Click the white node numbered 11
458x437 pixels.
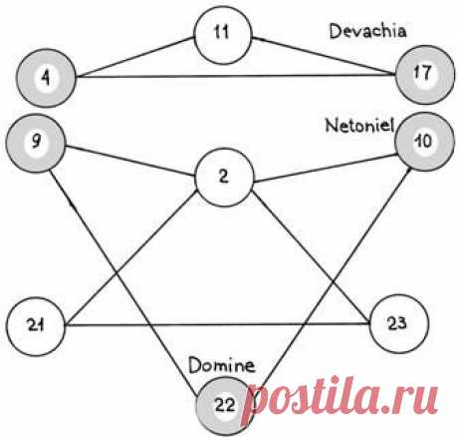[x=223, y=34]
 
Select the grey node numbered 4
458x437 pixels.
[x=46, y=78]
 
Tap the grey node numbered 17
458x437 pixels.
[x=425, y=75]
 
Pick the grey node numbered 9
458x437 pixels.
[x=36, y=143]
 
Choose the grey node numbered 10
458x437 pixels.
[x=424, y=142]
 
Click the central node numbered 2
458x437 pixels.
[x=224, y=178]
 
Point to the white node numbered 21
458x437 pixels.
[x=36, y=326]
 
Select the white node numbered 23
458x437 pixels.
[x=399, y=323]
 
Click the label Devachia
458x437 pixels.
[x=367, y=32]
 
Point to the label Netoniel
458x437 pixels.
[x=359, y=126]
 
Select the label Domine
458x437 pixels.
[x=222, y=365]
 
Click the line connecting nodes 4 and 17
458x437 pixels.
[x=236, y=76]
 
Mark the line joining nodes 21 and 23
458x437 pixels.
[x=217, y=324]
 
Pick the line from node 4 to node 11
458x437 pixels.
[x=135, y=57]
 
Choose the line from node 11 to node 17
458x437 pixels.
[x=324, y=55]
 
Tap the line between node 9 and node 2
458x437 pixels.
[x=130, y=161]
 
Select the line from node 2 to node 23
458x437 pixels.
[x=311, y=256]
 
